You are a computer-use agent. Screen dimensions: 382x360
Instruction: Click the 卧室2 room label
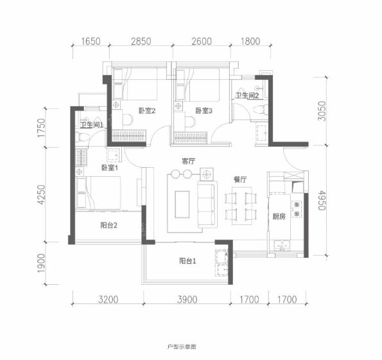coord(147,111)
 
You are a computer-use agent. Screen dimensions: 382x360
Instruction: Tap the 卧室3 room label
coord(204,111)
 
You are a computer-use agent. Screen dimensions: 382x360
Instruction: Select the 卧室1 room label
coord(110,168)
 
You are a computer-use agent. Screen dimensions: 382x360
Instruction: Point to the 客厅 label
coord(188,161)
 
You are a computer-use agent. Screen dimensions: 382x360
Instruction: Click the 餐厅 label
coord(240,179)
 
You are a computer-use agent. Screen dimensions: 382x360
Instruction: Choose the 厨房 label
coord(279,216)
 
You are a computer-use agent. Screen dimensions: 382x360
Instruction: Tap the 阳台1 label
coord(187,261)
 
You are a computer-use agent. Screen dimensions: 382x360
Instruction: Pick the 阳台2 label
coord(109,225)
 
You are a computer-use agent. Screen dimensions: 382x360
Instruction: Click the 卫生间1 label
coord(92,125)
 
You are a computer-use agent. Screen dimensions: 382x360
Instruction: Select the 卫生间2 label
coord(247,95)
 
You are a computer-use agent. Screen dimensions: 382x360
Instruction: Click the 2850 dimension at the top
coord(141,41)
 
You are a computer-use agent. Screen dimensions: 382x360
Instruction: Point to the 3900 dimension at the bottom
coord(187,300)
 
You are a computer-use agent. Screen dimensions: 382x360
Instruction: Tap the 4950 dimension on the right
coord(322,200)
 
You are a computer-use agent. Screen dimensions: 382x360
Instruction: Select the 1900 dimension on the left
coord(42,263)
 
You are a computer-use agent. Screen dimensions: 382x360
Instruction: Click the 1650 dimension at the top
coord(91,41)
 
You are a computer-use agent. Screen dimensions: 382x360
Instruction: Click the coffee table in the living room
coord(182,204)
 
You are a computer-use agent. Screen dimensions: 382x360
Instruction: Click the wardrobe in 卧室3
coord(191,138)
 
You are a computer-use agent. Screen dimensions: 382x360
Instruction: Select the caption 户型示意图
coord(182,346)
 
